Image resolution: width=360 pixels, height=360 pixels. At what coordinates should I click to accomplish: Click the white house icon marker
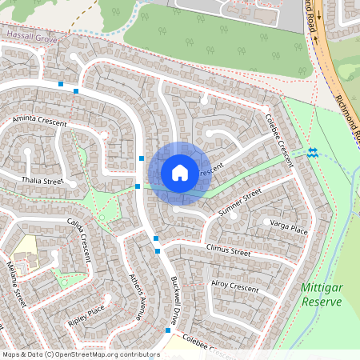(x=180, y=173)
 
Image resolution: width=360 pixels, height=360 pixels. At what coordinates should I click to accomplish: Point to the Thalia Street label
(x=42, y=181)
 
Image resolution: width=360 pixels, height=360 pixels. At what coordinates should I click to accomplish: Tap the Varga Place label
(x=288, y=229)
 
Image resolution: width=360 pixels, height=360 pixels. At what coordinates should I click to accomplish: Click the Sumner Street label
(x=240, y=205)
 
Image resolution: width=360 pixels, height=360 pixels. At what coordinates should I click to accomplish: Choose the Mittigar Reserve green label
(x=322, y=294)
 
